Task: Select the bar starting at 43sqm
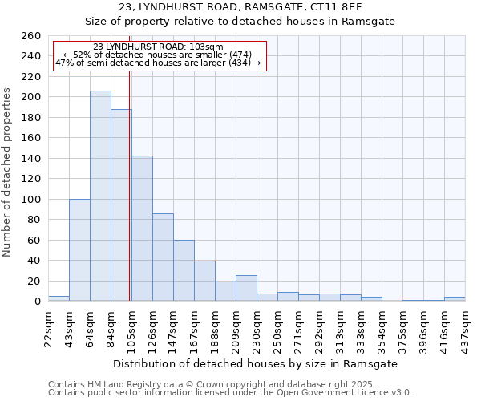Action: click(79, 249)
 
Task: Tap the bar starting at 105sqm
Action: click(142, 228)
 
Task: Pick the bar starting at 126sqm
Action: click(163, 257)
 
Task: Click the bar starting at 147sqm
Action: click(184, 270)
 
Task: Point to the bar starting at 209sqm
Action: click(246, 288)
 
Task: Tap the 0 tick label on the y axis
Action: click(37, 302)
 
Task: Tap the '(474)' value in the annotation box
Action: click(239, 55)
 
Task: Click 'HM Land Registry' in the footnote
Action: click(115, 384)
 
